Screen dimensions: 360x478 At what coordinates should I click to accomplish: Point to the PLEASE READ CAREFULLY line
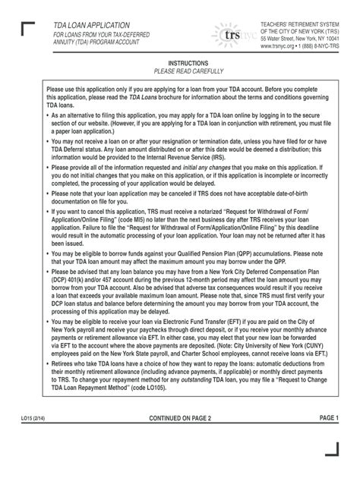[x=180, y=71]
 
